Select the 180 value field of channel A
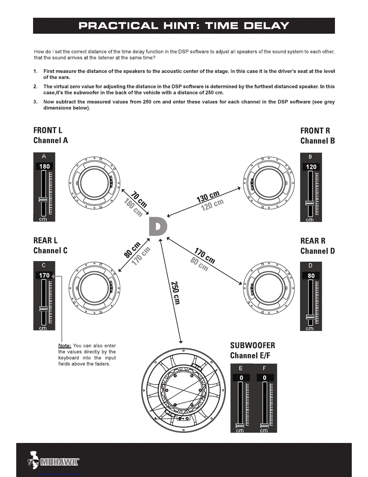click(44, 166)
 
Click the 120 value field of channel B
click(311, 167)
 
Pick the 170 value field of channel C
click(44, 275)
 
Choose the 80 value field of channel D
click(311, 276)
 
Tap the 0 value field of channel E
click(241, 378)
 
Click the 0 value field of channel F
click(265, 378)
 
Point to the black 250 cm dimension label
click(175, 293)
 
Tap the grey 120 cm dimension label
click(213, 205)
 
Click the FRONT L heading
click(48, 130)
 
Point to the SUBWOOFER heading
click(253, 345)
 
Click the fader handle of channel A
click(43, 199)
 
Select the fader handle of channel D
click(310, 317)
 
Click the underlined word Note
click(65, 346)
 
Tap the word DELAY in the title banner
click(266, 26)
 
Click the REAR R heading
click(313, 241)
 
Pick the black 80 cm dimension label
click(132, 250)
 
